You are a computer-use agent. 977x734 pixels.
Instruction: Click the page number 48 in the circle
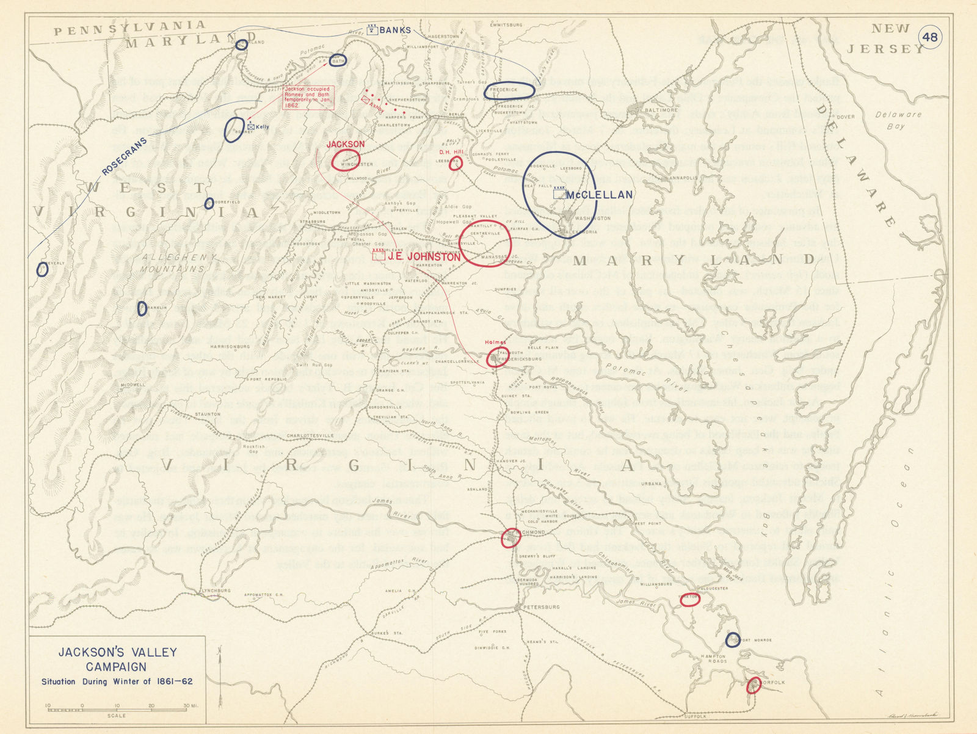(x=930, y=37)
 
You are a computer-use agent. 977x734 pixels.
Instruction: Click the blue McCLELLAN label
(x=598, y=195)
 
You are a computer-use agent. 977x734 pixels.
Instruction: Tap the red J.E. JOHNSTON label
(x=424, y=257)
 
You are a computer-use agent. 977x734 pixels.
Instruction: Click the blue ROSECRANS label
(x=125, y=156)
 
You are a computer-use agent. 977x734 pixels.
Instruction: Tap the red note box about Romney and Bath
(x=308, y=98)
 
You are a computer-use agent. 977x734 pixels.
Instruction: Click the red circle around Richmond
(x=510, y=537)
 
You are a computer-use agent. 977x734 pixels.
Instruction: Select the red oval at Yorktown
(x=689, y=600)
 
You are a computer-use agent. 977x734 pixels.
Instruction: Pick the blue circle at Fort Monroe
(x=733, y=639)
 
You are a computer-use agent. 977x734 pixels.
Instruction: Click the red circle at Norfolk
(x=754, y=685)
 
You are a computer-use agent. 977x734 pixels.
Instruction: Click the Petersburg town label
(x=542, y=608)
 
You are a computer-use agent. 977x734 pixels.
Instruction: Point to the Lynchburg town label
(x=216, y=590)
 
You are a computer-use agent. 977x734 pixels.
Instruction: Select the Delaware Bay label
(x=897, y=120)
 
